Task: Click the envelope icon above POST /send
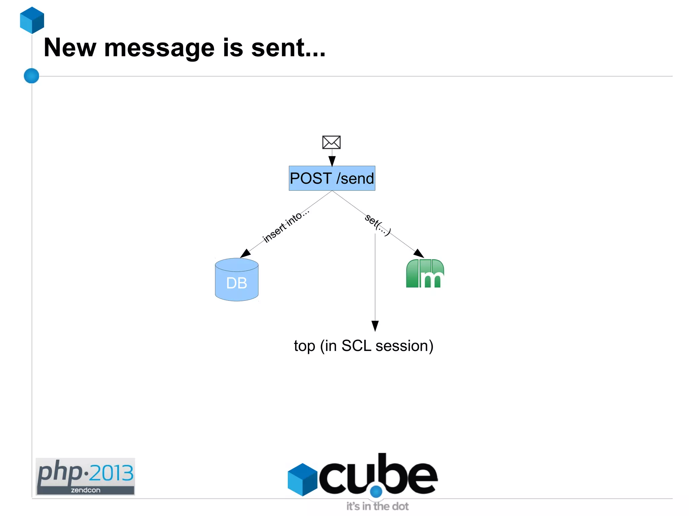pos(331,142)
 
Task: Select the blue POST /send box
pos(332,178)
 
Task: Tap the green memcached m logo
pos(425,274)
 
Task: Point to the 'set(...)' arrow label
pos(378,225)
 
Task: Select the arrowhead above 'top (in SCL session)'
pos(375,326)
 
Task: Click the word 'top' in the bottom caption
pos(304,346)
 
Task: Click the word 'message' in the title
pos(159,48)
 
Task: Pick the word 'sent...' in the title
pos(288,48)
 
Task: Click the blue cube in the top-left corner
pos(32,20)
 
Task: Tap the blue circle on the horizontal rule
pos(31,76)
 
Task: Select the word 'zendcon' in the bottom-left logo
pos(85,490)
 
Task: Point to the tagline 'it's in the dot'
pos(377,506)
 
